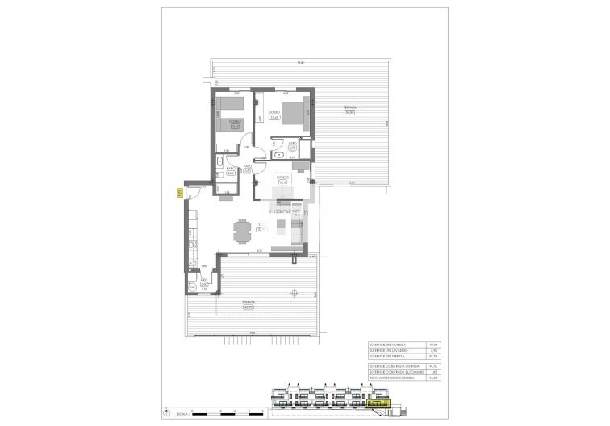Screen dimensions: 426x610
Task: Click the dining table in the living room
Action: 243,231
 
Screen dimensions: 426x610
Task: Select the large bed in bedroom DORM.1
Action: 294,114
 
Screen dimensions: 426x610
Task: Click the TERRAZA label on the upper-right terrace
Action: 349,108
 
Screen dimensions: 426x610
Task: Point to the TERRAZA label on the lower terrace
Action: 237,303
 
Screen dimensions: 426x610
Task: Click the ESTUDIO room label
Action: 282,179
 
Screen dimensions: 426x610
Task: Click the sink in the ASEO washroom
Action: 279,152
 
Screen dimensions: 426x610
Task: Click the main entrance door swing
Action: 193,191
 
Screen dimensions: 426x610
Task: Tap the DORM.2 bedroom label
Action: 235,123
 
